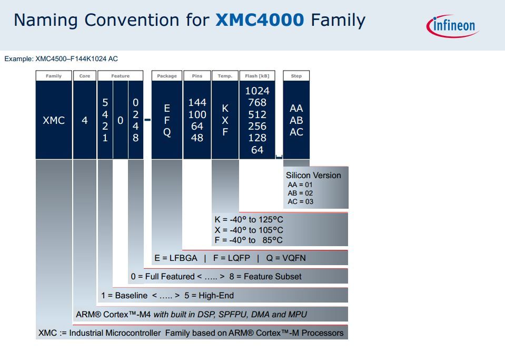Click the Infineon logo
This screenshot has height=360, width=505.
pos(451,25)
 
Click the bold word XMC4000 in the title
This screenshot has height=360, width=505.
pos(260,21)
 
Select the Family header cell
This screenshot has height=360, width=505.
pos(54,76)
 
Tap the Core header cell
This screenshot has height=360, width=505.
pos(85,76)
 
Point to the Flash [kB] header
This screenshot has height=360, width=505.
pos(258,76)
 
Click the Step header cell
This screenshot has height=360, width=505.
pos(296,76)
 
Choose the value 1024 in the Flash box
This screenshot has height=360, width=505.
pos(257,91)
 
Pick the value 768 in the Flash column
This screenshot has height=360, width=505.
pos(257,103)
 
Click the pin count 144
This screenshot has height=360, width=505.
pos(197,103)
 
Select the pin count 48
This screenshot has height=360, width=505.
pos(197,138)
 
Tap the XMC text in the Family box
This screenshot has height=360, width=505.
pos(54,121)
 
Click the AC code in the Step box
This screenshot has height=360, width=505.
pos(296,132)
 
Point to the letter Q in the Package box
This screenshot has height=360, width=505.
pos(167,132)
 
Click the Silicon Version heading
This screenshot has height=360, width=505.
pos(313,176)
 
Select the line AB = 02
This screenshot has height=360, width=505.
pos(300,193)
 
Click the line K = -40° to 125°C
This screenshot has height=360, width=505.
pos(249,219)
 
